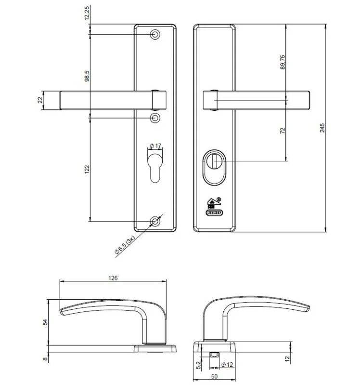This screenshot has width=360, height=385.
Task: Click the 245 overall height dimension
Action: point(323,128)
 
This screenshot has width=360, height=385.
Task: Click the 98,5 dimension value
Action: point(87,75)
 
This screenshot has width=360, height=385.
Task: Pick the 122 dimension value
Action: point(87,169)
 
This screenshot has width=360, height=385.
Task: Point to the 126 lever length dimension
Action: point(113,278)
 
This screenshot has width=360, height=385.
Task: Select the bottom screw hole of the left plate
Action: point(155,222)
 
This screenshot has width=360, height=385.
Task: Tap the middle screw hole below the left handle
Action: point(155,118)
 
